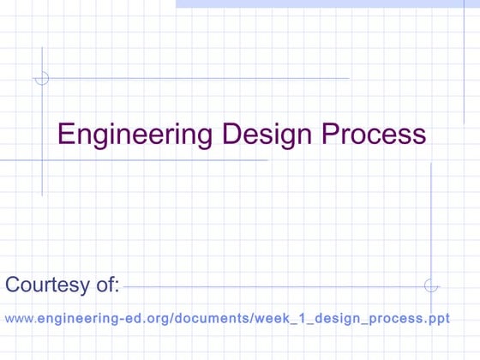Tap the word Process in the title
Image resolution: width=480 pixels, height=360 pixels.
coord(374,135)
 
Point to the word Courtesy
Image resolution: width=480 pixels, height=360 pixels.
coord(45,285)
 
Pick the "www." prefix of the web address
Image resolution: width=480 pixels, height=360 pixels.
coord(21,319)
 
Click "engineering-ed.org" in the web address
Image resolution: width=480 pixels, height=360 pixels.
coord(103,319)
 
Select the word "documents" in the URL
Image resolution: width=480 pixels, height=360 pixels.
coord(213,319)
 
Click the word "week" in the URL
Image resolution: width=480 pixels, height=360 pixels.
coord(273,319)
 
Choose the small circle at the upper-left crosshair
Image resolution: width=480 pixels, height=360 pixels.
coord(41,78)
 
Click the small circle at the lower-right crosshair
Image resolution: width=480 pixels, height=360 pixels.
coord(431,285)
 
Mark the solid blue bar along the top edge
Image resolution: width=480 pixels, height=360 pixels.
coord(326,3)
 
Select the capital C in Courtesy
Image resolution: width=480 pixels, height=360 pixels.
coord(12,285)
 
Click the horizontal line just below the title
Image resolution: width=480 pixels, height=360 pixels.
coord(137,159)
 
